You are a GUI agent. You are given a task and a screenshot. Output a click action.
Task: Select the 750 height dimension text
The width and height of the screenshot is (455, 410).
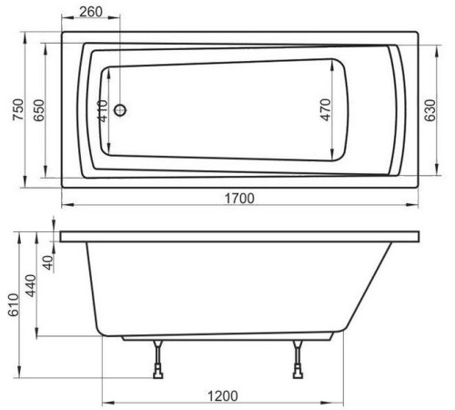coord(13,112)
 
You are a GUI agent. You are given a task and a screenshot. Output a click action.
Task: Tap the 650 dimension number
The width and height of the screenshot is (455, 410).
coord(37,112)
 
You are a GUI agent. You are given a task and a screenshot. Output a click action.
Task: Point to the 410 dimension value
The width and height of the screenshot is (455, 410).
coord(102,111)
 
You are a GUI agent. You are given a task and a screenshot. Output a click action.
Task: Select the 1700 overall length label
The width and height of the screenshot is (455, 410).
coord(238,199)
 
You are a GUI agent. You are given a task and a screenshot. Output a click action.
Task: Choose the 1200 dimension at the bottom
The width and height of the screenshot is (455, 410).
coord(224,395)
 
